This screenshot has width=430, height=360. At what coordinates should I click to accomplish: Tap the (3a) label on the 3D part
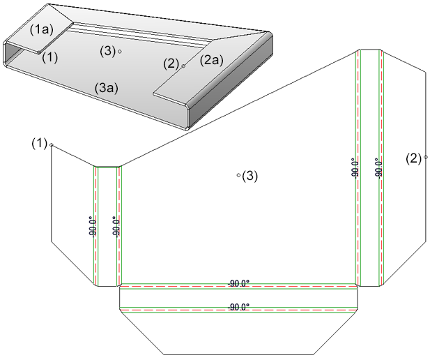coord(107,88)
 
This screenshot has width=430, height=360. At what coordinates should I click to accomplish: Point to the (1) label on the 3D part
coord(49,57)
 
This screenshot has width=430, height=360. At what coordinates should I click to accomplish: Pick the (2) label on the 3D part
coord(171,63)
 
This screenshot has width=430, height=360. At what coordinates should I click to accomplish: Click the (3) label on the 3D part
coord(107,51)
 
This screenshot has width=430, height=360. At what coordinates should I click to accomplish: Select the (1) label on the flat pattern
coord(39,144)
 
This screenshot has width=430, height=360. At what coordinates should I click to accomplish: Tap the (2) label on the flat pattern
coord(414,158)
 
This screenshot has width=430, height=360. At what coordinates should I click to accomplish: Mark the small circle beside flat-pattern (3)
coord(238,175)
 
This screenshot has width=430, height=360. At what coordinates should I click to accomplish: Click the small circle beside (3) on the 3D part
coord(120,52)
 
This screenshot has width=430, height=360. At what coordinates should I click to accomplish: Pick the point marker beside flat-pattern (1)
coord(51,145)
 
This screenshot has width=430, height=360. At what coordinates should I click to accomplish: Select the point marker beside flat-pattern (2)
coord(425,158)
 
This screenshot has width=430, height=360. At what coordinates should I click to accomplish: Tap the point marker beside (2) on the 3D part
coord(183,66)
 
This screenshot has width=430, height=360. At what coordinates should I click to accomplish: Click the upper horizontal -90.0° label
coord(239,284)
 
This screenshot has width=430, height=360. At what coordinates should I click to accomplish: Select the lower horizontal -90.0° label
coord(239,306)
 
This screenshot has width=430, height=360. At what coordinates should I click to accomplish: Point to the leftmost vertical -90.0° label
coord(93,226)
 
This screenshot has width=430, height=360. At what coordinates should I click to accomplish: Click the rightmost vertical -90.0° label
coord(378,168)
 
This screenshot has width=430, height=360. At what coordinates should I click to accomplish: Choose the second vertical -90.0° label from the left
coord(116,226)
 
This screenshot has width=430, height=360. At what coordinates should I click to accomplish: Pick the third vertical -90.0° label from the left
coord(355,168)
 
